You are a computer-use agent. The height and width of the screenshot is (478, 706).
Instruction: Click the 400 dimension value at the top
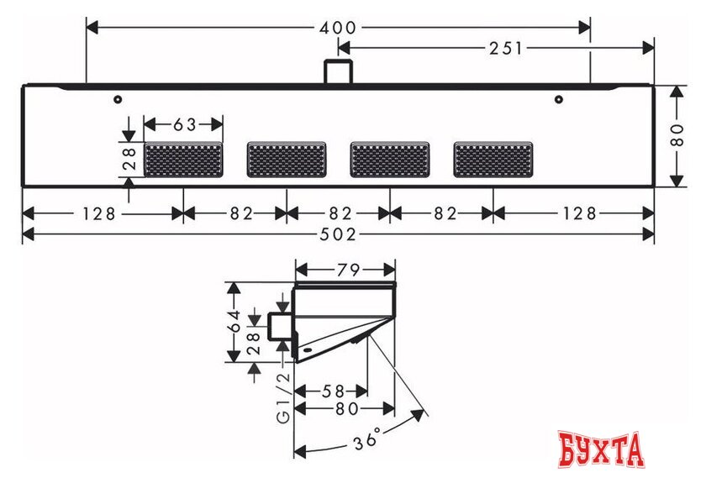(x=339, y=28)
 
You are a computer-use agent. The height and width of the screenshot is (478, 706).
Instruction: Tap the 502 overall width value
(x=339, y=234)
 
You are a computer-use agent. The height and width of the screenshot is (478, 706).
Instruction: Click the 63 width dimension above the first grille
(x=184, y=124)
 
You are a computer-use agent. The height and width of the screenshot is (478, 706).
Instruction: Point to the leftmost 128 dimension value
(x=99, y=213)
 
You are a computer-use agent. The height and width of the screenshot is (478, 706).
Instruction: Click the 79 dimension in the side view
(x=347, y=270)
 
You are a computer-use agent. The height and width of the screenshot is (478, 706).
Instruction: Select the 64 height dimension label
(x=236, y=322)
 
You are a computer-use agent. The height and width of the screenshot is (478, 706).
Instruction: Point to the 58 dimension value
(x=335, y=391)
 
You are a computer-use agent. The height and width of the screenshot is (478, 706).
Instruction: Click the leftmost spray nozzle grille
(x=184, y=160)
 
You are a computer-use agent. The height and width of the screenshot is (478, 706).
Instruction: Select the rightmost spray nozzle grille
(x=493, y=160)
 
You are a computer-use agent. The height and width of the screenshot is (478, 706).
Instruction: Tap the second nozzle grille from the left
(x=287, y=160)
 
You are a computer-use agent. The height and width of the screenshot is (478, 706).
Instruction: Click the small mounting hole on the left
(x=119, y=99)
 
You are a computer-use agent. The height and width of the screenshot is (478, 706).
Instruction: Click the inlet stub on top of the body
(x=338, y=71)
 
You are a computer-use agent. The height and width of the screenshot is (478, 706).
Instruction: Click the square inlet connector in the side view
(x=280, y=325)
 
